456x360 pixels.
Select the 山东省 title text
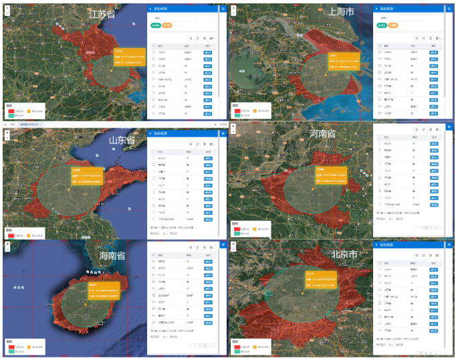coord(122,140)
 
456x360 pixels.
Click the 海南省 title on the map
coord(112,255)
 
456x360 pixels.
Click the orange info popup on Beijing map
coord(320,278)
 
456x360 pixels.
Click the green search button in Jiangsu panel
coord(156,25)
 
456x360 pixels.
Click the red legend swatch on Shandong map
coord(11,234)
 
